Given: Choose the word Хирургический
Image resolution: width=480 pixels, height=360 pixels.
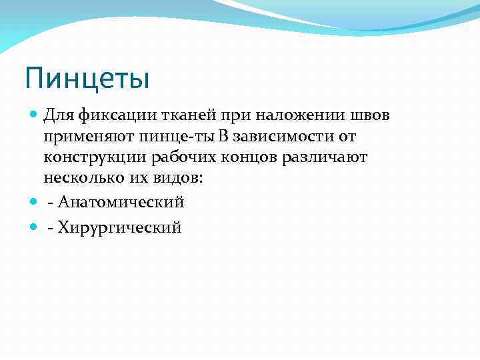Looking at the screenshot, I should coord(120,228).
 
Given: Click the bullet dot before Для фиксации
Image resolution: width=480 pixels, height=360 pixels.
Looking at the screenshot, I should coord(34,116).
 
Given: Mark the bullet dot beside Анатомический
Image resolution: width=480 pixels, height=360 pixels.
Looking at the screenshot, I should coord(34,202).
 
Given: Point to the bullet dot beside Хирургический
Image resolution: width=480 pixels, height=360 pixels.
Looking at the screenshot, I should coord(34,228).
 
